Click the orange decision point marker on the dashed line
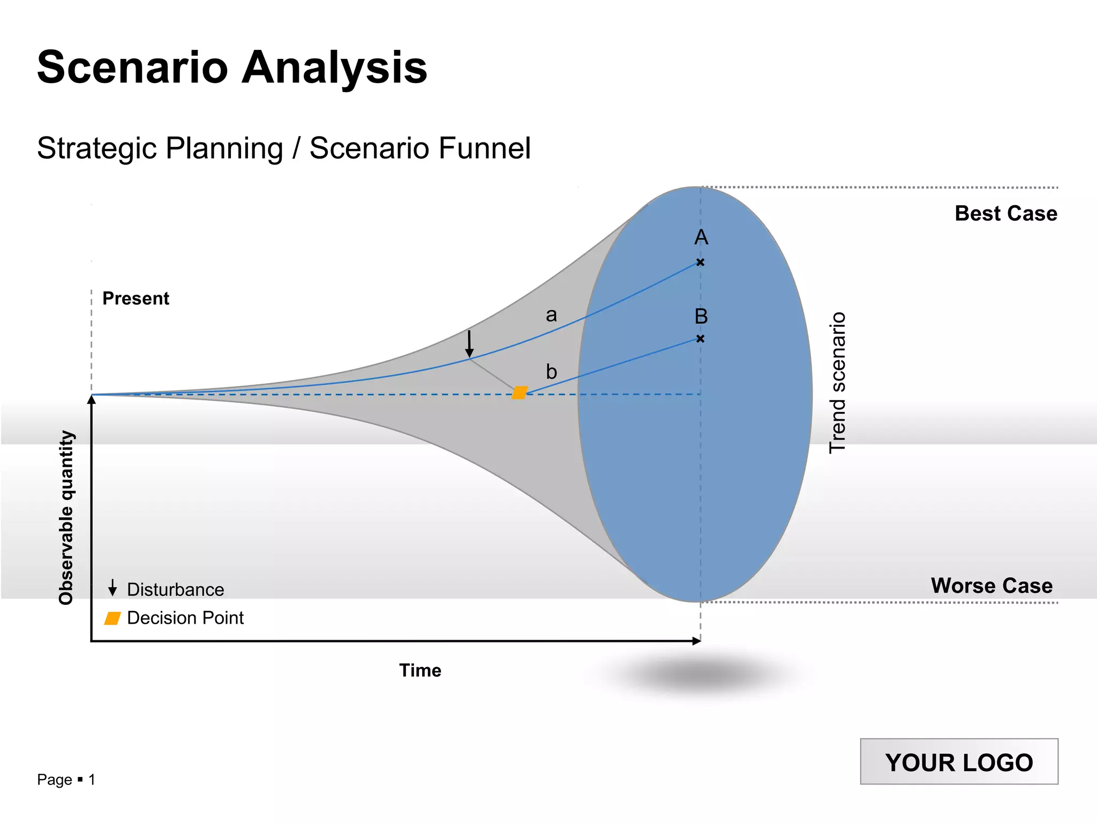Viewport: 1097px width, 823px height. coord(520,393)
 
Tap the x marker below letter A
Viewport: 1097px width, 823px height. coord(700,262)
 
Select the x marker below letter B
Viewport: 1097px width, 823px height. coord(700,339)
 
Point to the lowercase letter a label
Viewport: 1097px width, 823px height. coord(551,315)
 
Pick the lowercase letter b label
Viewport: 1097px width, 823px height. coord(551,371)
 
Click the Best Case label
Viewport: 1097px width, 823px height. coord(1005,213)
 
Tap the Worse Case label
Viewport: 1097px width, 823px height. coord(991,585)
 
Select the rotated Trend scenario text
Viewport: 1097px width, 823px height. coord(837,383)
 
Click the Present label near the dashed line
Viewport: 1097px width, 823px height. coord(136,298)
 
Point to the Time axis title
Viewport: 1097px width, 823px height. coord(420,670)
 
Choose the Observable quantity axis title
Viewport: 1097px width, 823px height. coord(66,518)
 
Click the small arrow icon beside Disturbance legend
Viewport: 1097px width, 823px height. coord(112,588)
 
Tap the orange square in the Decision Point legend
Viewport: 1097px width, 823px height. coord(112,618)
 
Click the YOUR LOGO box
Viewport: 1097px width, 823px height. coord(959,762)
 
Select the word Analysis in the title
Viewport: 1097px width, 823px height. coord(334,68)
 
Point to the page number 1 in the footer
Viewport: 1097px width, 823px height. coord(92,780)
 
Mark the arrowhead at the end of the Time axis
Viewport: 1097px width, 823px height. coord(696,641)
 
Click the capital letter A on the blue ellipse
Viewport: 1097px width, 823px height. coord(701,237)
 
